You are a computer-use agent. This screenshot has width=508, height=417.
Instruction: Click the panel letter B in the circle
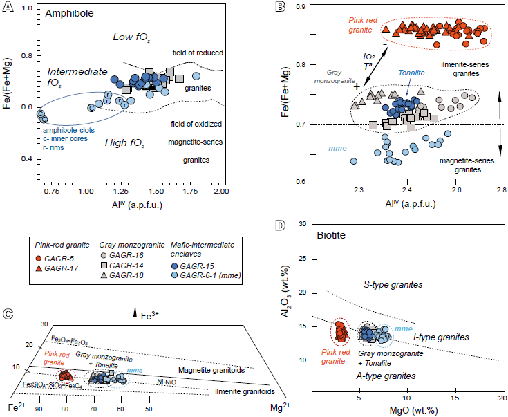click(x=281, y=8)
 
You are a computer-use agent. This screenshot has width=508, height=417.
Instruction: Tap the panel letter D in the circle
click(x=281, y=225)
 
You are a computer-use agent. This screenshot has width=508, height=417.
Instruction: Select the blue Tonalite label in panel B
click(x=412, y=73)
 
